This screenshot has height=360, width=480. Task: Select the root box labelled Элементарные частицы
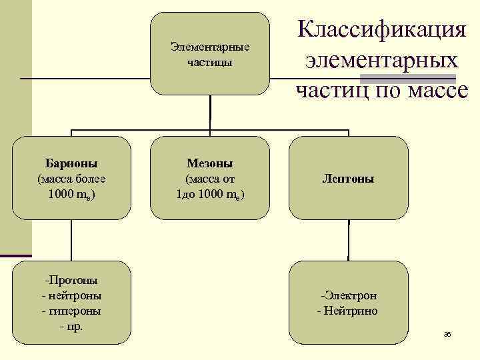210,54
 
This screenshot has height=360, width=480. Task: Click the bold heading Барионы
71,163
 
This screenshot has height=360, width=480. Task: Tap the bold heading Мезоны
210,163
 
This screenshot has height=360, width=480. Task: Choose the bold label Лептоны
348,179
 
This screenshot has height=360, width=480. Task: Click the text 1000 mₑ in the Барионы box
71,195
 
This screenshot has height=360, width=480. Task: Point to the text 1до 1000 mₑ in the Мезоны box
210,195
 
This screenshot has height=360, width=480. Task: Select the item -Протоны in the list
71,280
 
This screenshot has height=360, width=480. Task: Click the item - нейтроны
71,295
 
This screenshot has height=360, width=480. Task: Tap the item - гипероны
71,311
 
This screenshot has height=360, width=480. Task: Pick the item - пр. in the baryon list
71,327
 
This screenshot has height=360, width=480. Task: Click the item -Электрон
349,295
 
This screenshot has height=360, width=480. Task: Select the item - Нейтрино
347,311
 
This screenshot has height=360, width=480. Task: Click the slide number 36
447,334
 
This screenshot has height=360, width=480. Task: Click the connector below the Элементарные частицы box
210,115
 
